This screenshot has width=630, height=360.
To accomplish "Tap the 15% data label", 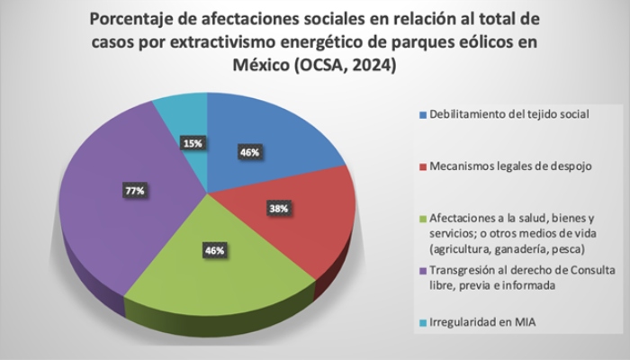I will click(192, 142).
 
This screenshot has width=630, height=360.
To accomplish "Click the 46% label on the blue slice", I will click(249, 153).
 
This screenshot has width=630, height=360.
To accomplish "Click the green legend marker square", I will click(423, 218).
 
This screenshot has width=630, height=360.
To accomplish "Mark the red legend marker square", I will click(423, 167).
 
